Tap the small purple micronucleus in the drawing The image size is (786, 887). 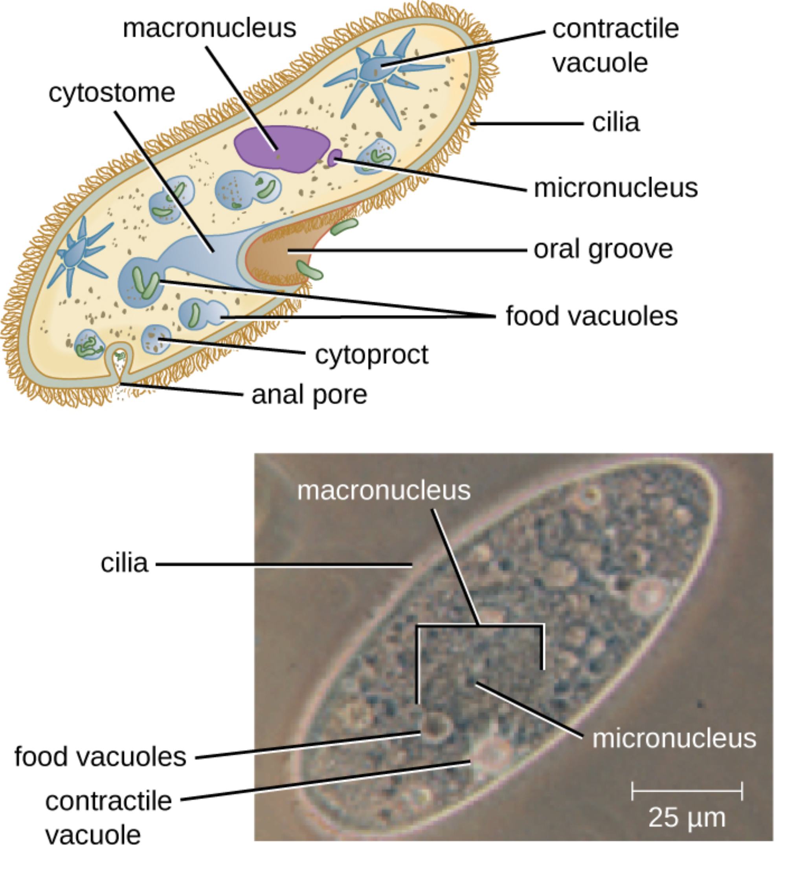pyautogui.click(x=335, y=157)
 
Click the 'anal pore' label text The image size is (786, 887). pyautogui.click(x=309, y=395)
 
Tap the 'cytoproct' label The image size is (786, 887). pyautogui.click(x=371, y=355)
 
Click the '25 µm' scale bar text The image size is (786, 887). pyautogui.click(x=687, y=818)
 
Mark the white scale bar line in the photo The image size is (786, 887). pyautogui.click(x=687, y=791)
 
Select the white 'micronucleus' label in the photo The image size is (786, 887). pyautogui.click(x=674, y=738)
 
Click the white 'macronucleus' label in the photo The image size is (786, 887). pyautogui.click(x=384, y=490)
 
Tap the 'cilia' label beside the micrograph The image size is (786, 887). pyautogui.click(x=125, y=563)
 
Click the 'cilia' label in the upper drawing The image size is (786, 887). pyautogui.click(x=615, y=123)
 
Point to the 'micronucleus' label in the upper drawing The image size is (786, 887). pyautogui.click(x=615, y=188)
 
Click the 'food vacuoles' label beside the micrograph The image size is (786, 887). pyautogui.click(x=100, y=756)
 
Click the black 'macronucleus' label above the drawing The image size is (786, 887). pyautogui.click(x=209, y=28)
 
